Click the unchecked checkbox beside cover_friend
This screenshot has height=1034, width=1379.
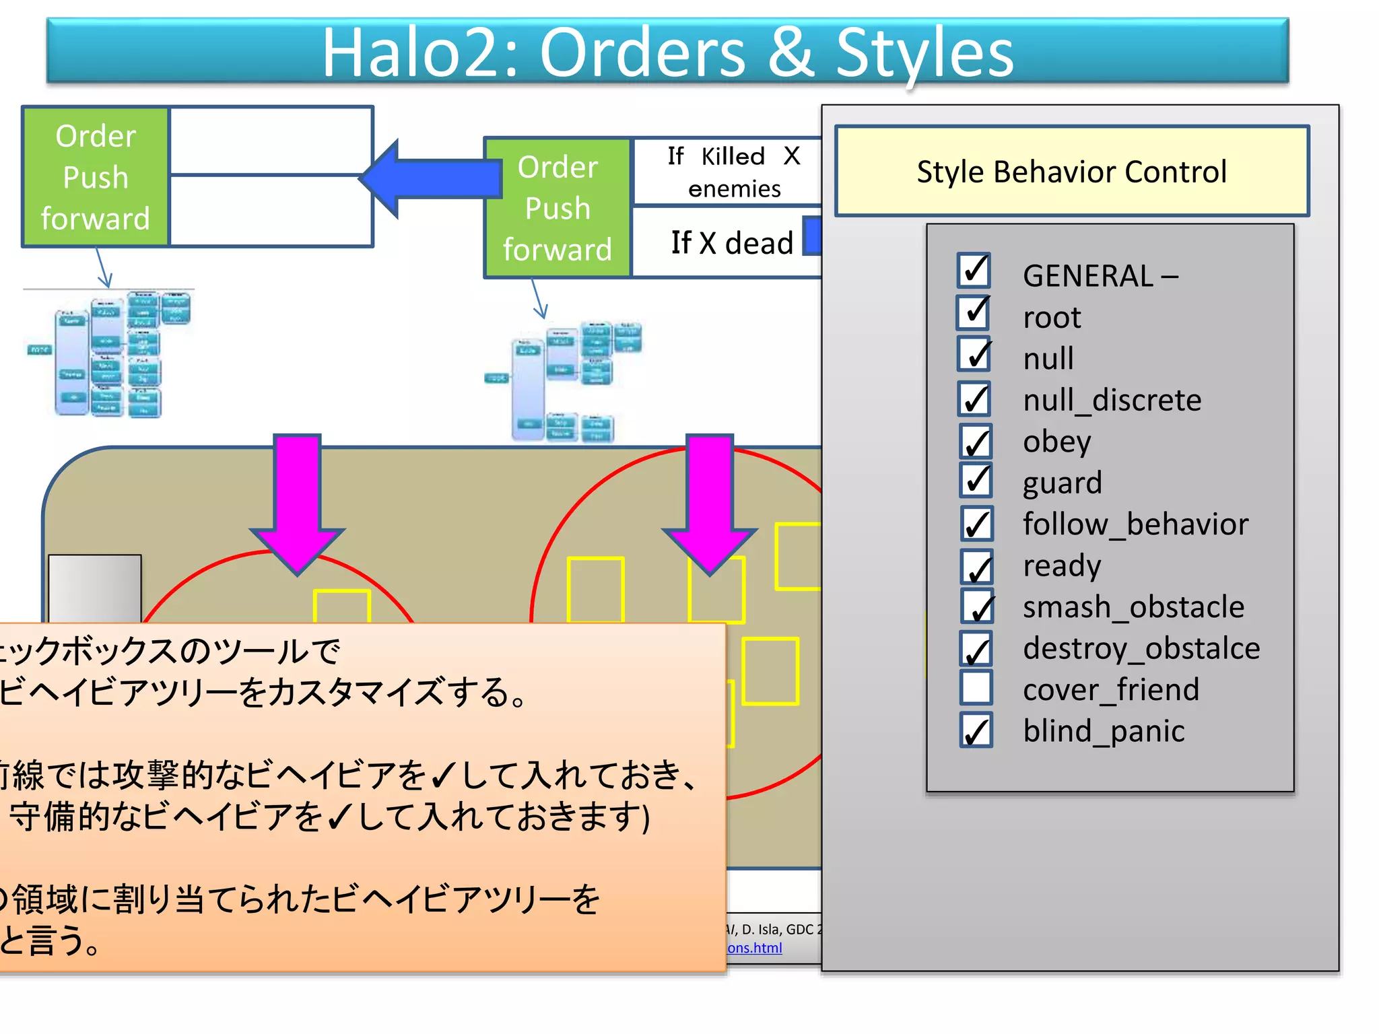tap(976, 688)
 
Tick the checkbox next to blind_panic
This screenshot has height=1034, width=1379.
tap(976, 730)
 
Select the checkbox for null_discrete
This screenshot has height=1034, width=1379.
tap(974, 399)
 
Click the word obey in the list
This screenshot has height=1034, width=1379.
tap(1056, 442)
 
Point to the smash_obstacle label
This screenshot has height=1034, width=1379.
tap(1133, 607)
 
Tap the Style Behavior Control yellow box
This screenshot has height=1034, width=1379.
tap(1071, 171)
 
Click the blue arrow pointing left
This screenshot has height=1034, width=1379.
tap(431, 179)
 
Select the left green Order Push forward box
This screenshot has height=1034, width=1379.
tap(95, 177)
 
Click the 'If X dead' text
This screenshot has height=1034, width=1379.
tap(731, 242)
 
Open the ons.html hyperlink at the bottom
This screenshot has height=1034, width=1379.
tap(754, 948)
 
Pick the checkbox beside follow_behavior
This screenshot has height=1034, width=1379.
tap(976, 524)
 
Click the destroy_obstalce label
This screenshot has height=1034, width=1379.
tap(1141, 648)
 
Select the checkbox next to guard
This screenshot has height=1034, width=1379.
tap(975, 480)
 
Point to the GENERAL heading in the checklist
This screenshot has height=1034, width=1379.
tap(1087, 275)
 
